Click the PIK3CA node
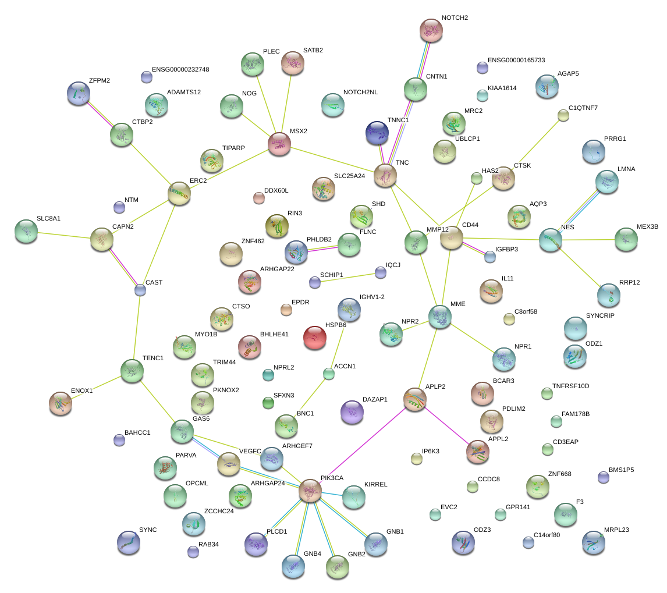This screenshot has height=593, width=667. tap(310, 491)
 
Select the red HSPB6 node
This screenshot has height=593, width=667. tap(315, 337)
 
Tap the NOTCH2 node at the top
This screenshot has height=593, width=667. tap(431, 30)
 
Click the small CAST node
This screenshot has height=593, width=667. tap(140, 290)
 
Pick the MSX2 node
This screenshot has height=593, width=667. tap(279, 143)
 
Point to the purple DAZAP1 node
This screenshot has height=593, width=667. tap(352, 411)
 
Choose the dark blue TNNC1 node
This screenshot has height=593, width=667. tap(377, 133)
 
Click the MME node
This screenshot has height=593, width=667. tap(440, 315)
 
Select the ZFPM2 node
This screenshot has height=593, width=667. tap(79, 93)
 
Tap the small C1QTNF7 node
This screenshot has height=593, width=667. tap(563, 115)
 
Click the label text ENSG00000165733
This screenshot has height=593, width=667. tap(516, 60)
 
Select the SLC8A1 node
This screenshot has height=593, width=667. tap(26, 231)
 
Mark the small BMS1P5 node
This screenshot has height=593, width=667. tap(604, 477)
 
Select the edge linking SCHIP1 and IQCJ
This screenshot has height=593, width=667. tap(347, 277)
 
